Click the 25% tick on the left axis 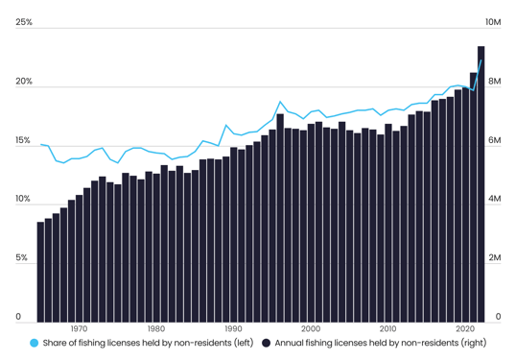coord(24,22)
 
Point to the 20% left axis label coord(24,82)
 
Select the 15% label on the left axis coord(24,141)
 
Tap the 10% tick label coord(24,200)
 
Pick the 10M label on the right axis coord(496,22)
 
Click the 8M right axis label coord(494,82)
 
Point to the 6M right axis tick coord(494,141)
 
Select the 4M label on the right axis coord(494,200)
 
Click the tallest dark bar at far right coord(481,182)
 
